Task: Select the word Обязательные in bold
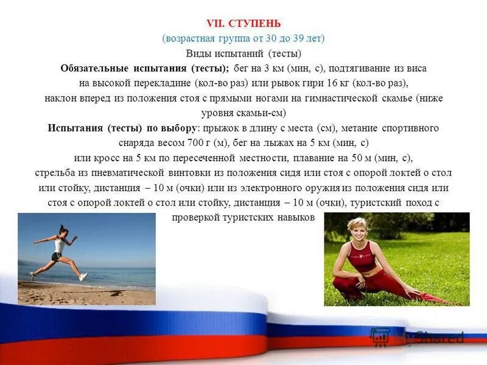94,68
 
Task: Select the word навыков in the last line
297,217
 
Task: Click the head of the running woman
62,230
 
